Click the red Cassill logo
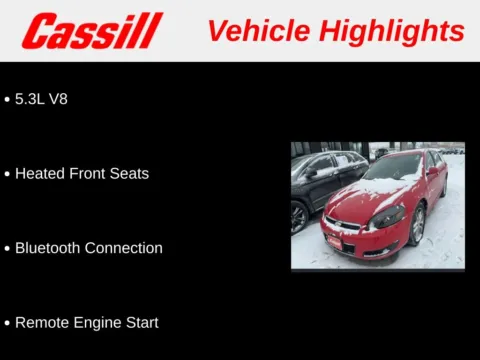(x=92, y=31)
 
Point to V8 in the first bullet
(x=58, y=99)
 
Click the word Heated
(x=40, y=173)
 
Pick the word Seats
(x=128, y=173)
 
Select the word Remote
(x=42, y=322)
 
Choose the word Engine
(x=97, y=322)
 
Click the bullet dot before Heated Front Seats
(x=7, y=174)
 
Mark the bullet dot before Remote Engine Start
(x=7, y=323)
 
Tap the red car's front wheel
(x=417, y=226)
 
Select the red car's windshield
(x=392, y=168)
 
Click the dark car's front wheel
(x=299, y=217)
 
